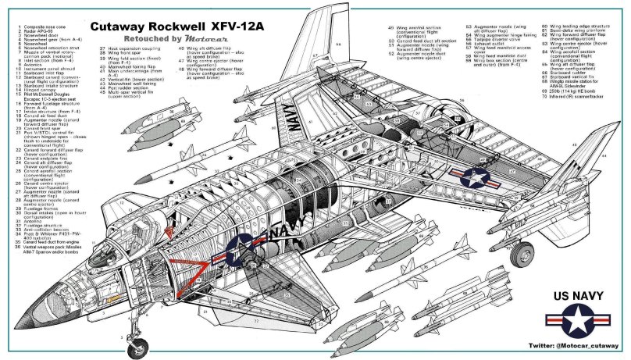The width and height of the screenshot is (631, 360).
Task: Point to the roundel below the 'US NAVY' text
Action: [x=578, y=321]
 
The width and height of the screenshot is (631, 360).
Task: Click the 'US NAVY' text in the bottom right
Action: [x=578, y=294]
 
